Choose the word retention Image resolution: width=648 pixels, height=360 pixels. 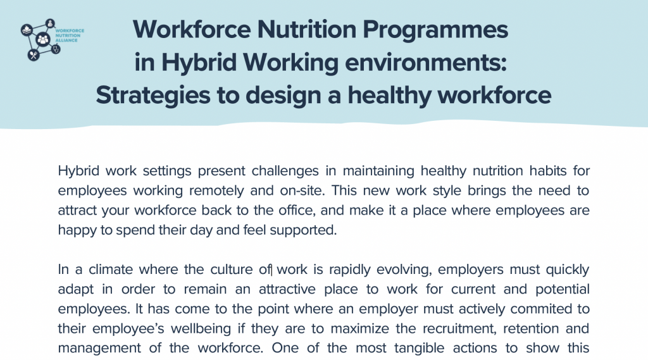pyautogui.click(x=532, y=328)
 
